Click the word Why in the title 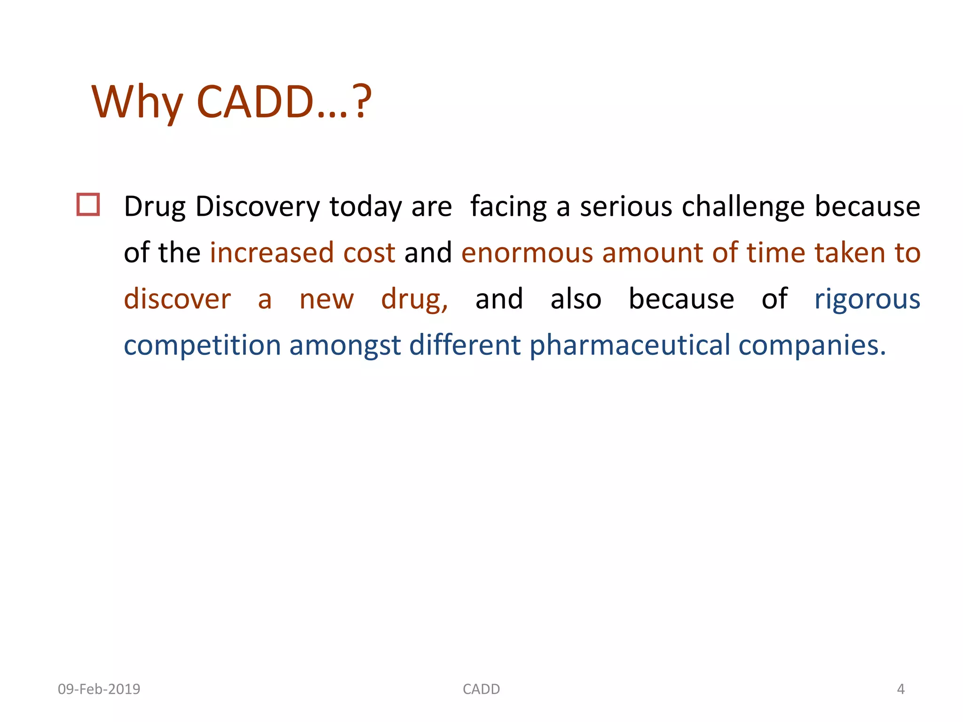click(137, 102)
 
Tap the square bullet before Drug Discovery click(88, 204)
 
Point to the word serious click(626, 207)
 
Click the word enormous click(527, 252)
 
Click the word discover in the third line click(177, 299)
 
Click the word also click(576, 299)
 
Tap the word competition click(202, 345)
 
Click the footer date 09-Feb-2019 click(99, 689)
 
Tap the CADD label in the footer click(481, 689)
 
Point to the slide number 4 click(900, 689)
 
